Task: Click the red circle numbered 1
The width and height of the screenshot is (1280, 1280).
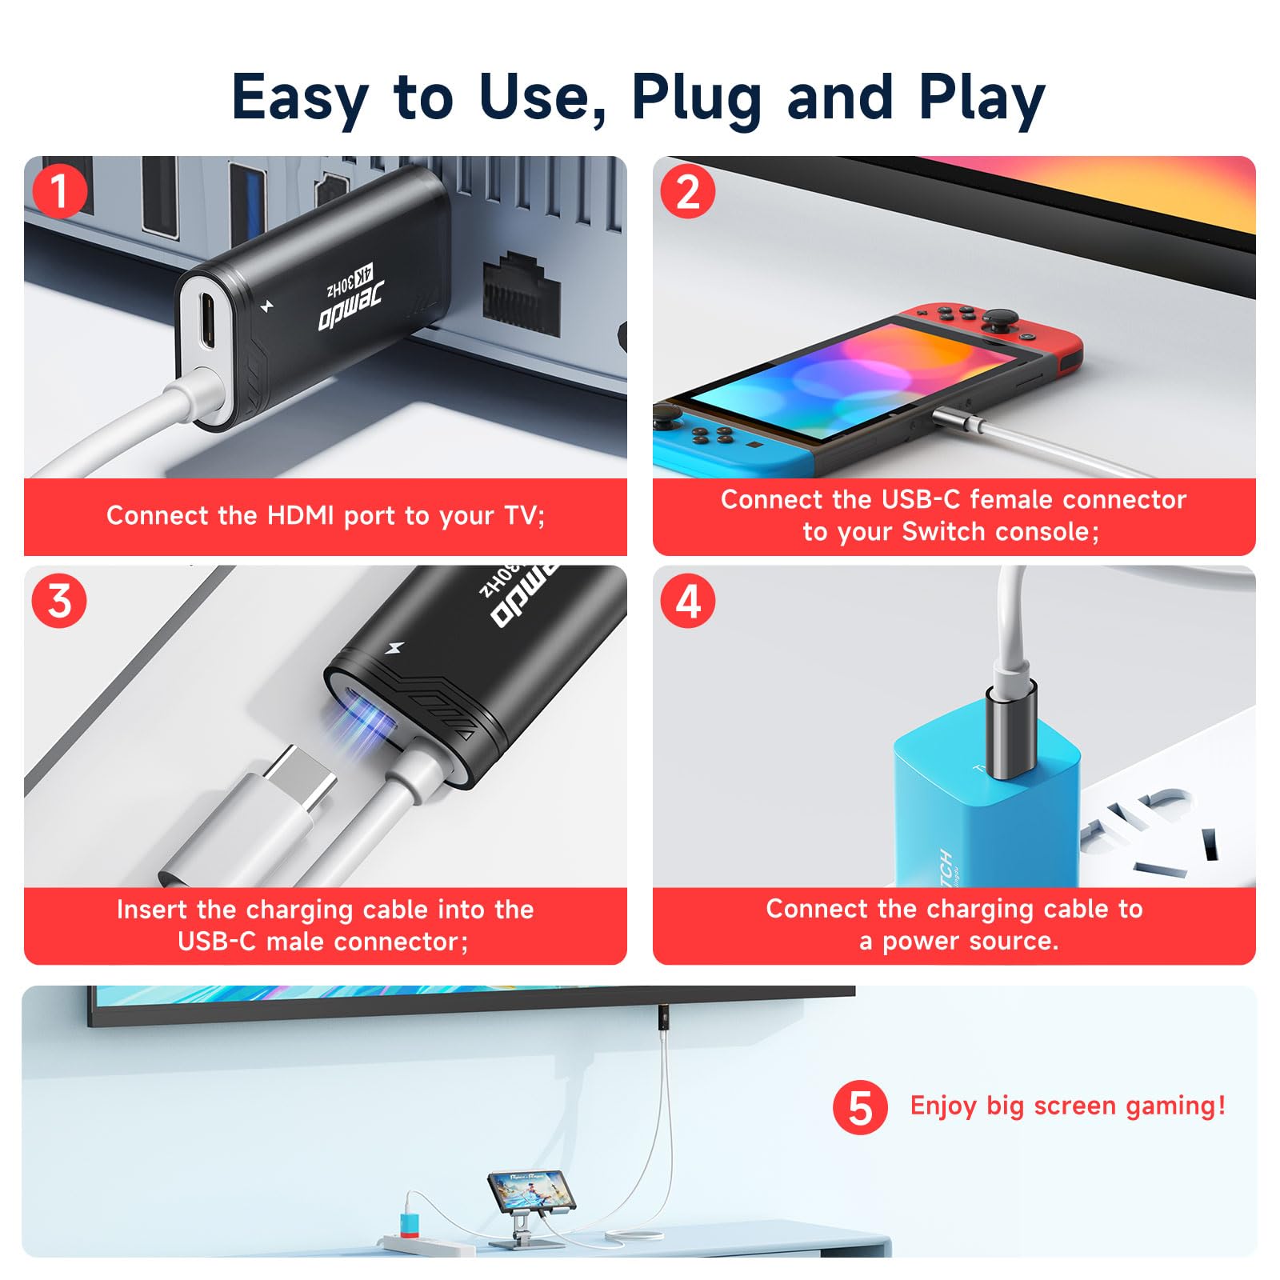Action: (59, 191)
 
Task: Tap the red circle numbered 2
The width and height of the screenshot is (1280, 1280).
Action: (688, 191)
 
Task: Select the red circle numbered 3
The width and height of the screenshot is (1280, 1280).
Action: (59, 601)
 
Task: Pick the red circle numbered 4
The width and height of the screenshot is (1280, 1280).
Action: (688, 601)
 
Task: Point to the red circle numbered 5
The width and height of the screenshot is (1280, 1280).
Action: (860, 1107)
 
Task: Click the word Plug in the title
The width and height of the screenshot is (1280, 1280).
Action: (695, 98)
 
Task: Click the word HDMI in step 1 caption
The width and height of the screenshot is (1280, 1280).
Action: (300, 516)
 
